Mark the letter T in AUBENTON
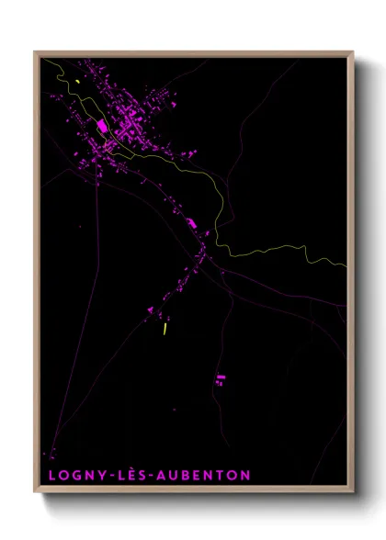(221, 475)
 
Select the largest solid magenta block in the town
(102, 126)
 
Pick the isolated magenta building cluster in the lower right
(221, 378)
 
